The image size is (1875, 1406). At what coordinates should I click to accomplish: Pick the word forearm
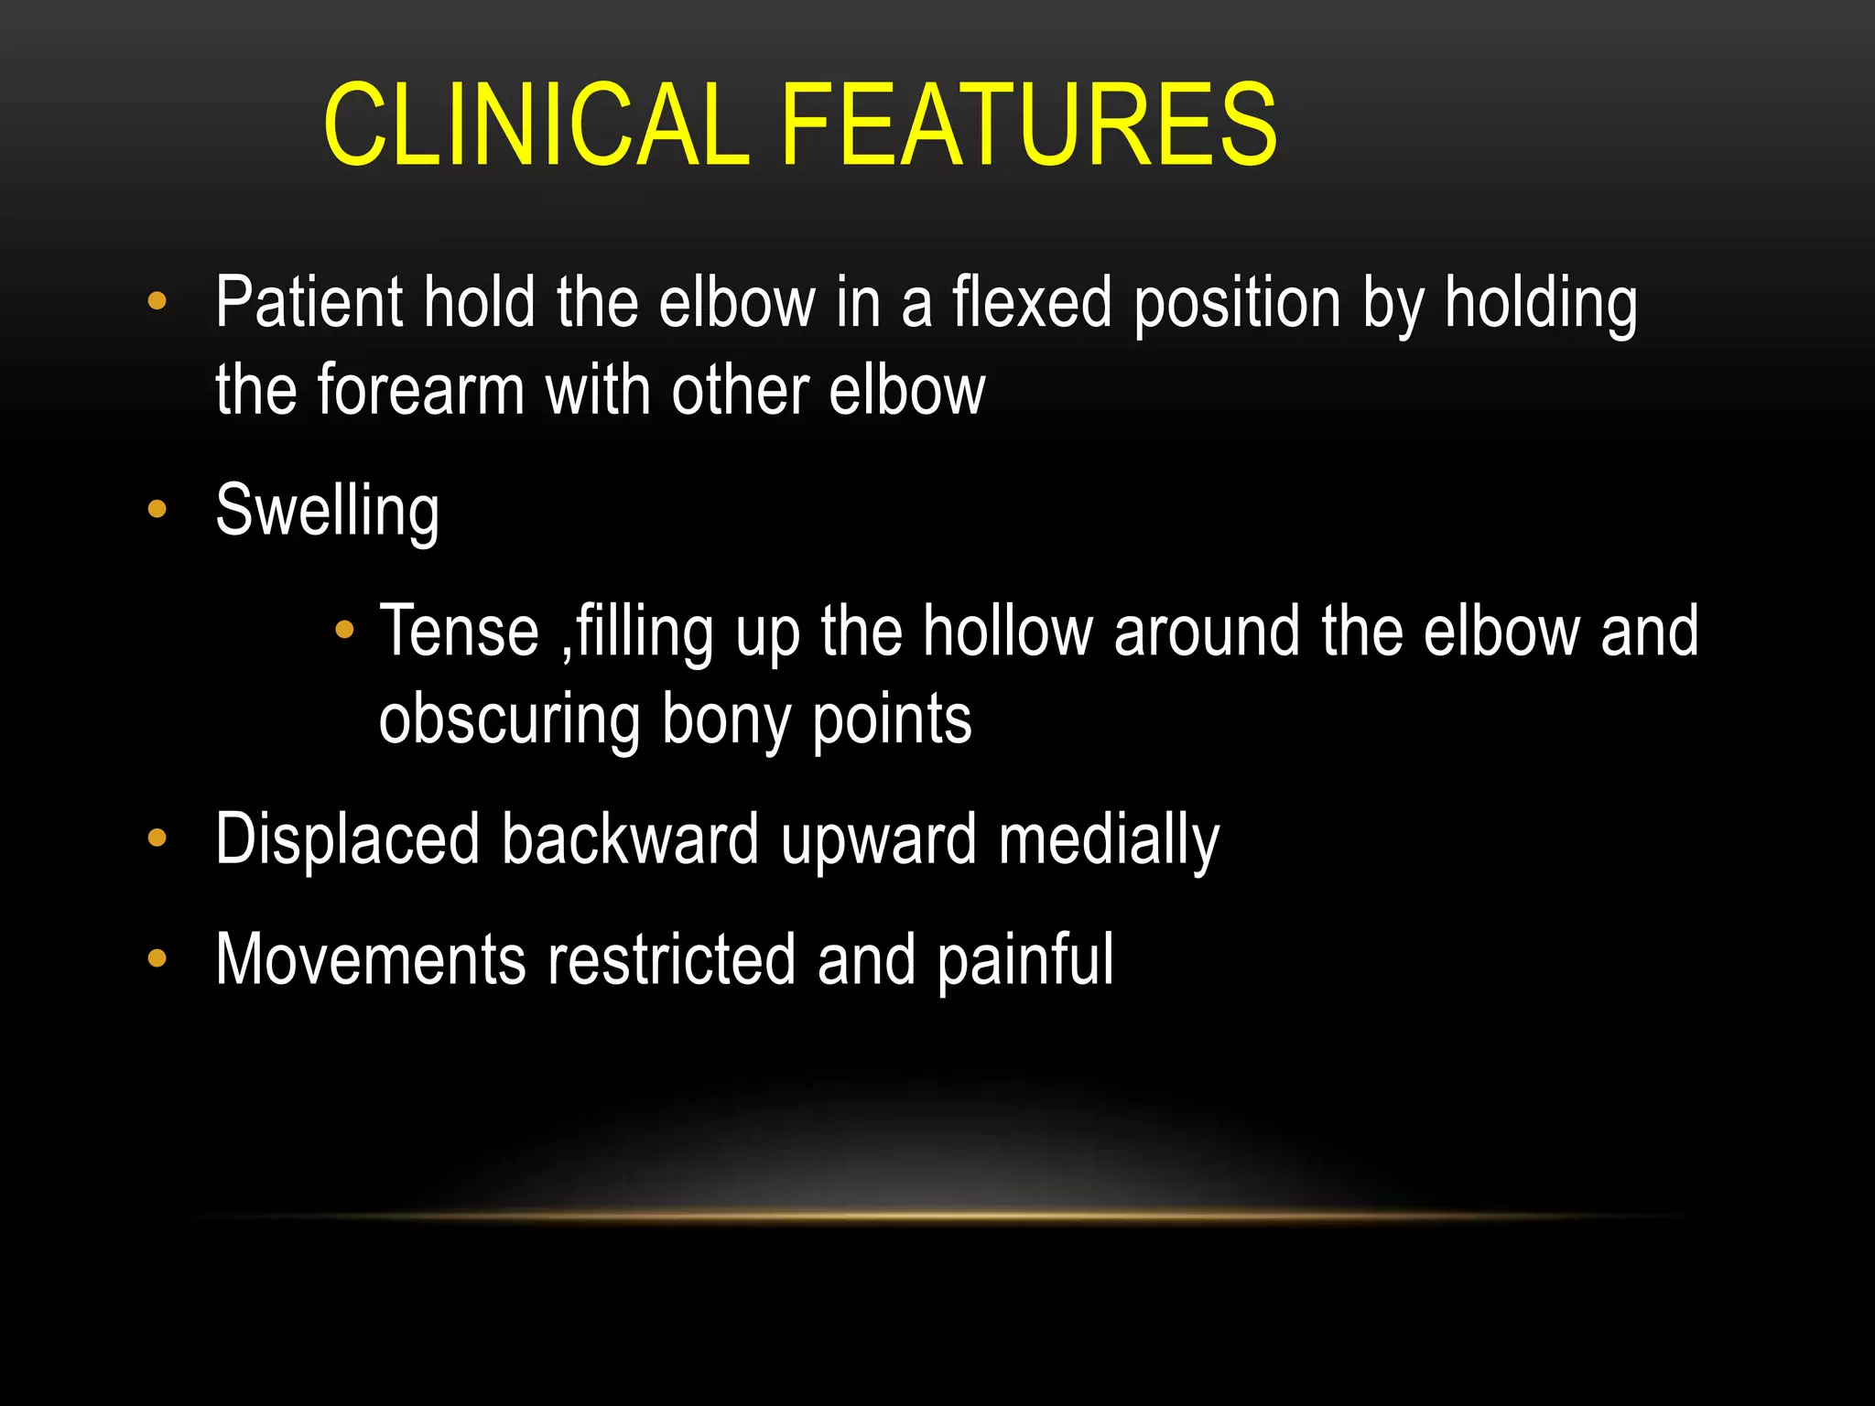point(421,391)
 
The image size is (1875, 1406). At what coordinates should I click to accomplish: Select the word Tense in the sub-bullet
point(460,632)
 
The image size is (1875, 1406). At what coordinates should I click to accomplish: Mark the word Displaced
point(347,839)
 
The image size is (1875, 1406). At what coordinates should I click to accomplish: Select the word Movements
point(371,960)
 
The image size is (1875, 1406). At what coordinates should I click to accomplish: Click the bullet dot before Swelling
point(157,509)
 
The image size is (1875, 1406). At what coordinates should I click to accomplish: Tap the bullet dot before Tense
point(344,629)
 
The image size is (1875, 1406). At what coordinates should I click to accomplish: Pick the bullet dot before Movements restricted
point(157,958)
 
